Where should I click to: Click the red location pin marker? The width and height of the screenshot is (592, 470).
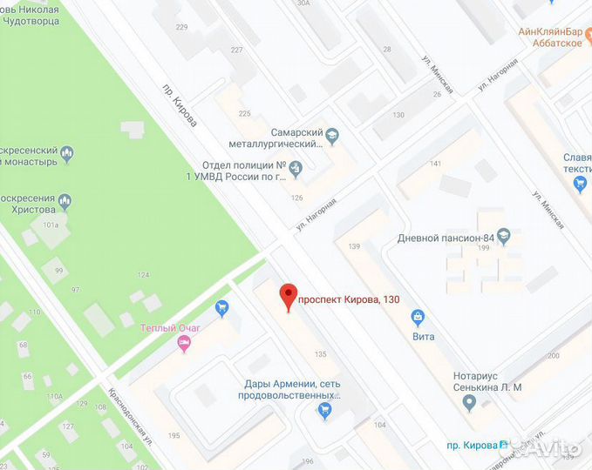(x=288, y=296)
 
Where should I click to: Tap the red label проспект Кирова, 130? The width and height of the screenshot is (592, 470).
(x=349, y=300)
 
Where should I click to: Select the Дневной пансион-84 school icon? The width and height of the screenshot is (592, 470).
(x=503, y=237)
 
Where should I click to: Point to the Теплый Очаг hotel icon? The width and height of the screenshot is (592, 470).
(x=183, y=344)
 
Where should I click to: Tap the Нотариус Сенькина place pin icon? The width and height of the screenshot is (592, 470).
(x=469, y=403)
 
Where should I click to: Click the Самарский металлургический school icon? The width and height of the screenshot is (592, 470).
(x=332, y=134)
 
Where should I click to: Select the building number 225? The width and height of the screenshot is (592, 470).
(x=244, y=114)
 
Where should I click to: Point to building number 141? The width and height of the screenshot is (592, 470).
(x=436, y=164)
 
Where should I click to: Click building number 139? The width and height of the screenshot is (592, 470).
(x=354, y=247)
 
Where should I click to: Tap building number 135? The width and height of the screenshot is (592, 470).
(x=321, y=354)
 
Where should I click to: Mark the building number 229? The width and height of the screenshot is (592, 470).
(x=181, y=28)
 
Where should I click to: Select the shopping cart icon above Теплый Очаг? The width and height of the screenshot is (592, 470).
(x=221, y=307)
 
